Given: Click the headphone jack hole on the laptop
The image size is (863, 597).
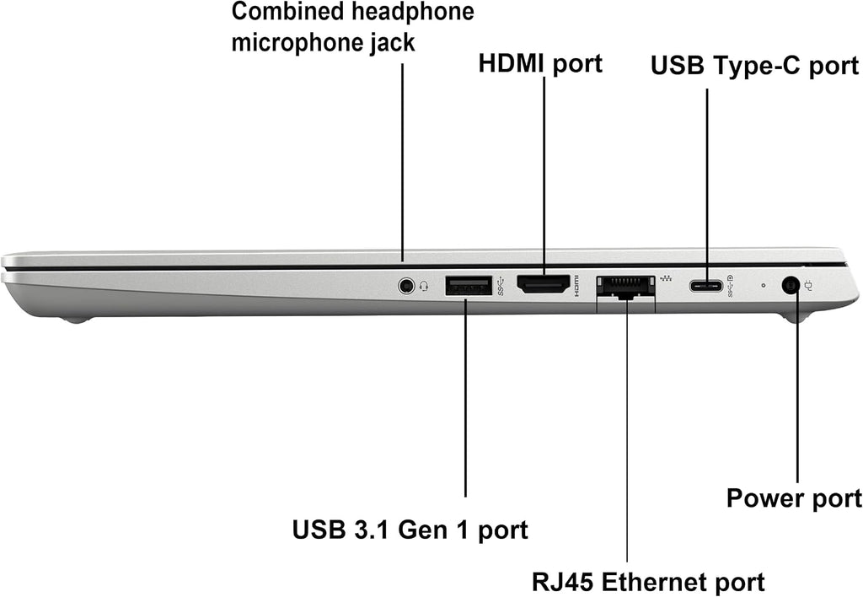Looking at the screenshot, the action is click(406, 286).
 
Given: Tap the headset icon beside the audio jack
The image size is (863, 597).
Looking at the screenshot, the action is click(424, 287).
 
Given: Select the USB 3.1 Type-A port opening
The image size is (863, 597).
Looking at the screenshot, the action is click(469, 285).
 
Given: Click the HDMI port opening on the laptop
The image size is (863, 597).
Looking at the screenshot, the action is click(543, 284).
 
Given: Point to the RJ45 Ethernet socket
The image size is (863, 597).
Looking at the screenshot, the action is click(626, 287).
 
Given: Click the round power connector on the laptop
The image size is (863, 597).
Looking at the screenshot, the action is click(791, 286).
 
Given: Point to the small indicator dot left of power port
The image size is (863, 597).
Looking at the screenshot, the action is click(763, 286).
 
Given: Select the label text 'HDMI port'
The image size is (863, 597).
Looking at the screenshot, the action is click(540, 63).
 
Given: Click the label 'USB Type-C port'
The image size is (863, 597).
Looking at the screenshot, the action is click(754, 66).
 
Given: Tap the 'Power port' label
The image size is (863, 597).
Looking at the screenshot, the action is click(794, 498).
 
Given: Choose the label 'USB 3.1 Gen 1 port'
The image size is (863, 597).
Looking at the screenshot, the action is click(410, 530).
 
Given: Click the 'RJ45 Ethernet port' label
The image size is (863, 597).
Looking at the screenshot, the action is click(648, 582).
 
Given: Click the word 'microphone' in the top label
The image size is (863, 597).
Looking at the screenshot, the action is click(296, 43).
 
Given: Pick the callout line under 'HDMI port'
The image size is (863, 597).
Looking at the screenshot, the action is click(544, 175).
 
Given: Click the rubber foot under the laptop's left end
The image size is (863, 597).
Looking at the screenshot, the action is click(77, 319).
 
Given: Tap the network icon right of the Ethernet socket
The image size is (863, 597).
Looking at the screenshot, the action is click(666, 278).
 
